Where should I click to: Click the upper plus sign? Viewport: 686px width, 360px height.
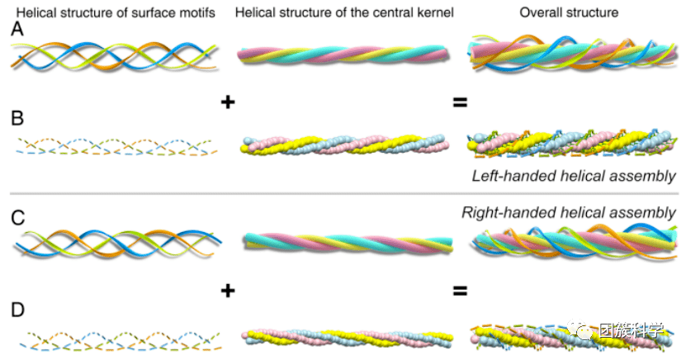(x=229, y=102)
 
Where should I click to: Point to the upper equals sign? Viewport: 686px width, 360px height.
(x=460, y=102)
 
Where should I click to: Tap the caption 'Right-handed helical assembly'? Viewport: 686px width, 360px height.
(x=569, y=212)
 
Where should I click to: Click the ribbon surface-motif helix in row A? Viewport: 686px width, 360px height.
(x=116, y=54)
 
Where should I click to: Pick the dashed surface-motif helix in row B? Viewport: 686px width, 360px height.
(x=117, y=145)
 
